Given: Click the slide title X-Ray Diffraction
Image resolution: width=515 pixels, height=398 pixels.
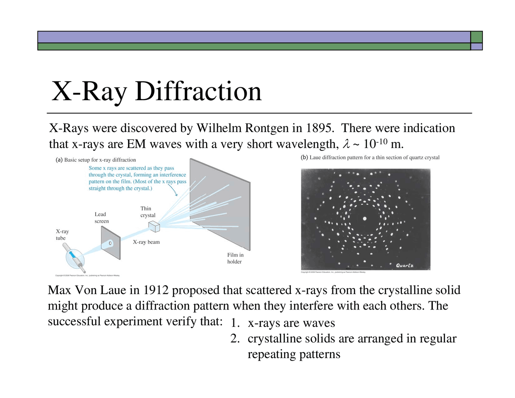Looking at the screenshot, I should [157, 91].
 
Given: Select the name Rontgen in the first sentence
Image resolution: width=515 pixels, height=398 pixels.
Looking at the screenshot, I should [267, 128].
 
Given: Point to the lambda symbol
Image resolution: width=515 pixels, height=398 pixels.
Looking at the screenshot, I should [346, 144].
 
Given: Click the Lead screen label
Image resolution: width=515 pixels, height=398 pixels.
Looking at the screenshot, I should [101, 218].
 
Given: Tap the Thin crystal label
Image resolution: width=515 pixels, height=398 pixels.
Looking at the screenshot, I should [148, 212].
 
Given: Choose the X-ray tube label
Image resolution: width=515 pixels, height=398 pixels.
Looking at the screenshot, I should [62, 235].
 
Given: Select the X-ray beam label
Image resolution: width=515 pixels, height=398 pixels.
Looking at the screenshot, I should [146, 242].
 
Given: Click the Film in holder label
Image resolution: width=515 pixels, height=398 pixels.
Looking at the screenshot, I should [235, 258].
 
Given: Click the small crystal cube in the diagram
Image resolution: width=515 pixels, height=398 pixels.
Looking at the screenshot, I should [154, 227].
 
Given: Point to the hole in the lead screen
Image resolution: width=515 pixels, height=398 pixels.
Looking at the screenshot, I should [111, 243].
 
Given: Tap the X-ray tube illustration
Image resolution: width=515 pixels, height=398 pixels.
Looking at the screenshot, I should [75, 257].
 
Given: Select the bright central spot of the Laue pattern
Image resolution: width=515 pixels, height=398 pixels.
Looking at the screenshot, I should [365, 219].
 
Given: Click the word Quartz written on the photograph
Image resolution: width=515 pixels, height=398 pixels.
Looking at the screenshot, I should [404, 266].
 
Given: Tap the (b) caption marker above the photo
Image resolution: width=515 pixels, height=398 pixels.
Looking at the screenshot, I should [304, 157].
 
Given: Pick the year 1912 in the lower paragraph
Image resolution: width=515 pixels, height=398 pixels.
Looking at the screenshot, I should [155, 290].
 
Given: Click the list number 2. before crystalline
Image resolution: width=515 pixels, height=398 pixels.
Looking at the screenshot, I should [235, 339].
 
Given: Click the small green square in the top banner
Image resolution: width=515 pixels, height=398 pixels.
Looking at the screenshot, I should [476, 37].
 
